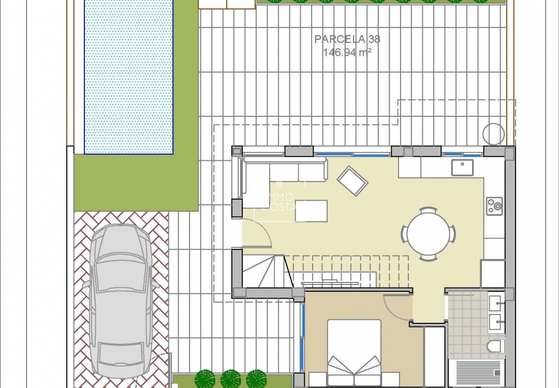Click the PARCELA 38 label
[x=347, y=39]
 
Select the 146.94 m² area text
[x=347, y=52]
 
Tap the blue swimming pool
[x=128, y=78]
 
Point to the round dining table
[x=429, y=234]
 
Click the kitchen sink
[x=462, y=168]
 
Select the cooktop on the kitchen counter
[x=494, y=206]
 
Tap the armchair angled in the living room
[x=352, y=181]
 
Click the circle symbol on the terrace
[x=493, y=134]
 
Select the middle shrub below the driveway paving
[x=231, y=379]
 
